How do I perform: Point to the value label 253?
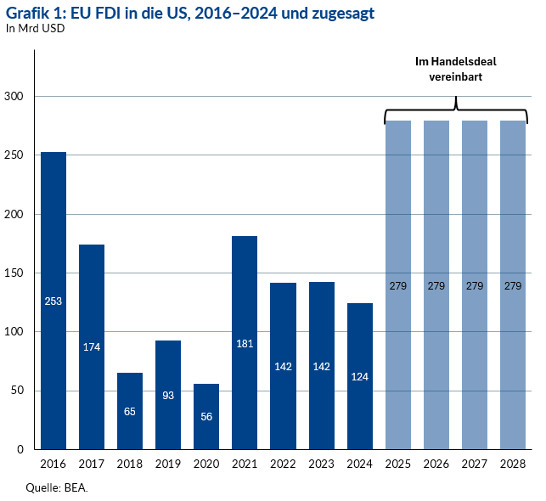[x=53, y=301]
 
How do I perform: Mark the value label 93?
[x=168, y=395]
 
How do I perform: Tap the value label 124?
[x=359, y=376]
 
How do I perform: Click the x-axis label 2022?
[x=283, y=464]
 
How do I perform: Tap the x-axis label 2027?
[x=475, y=464]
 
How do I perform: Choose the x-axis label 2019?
[x=168, y=464]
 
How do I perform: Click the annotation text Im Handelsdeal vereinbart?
[x=455, y=69]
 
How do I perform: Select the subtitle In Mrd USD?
[x=36, y=28]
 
